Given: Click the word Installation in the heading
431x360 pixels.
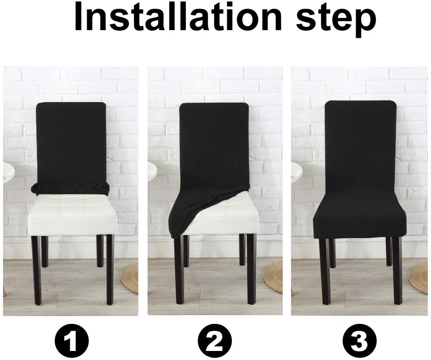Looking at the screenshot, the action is pos(178,17).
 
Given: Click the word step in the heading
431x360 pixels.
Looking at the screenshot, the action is pos(336,19).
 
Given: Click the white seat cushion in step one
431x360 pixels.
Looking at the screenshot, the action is pos(73,214).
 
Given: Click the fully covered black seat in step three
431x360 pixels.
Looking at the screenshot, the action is pos(359,220).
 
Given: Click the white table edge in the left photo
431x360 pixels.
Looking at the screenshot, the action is pos(8,170).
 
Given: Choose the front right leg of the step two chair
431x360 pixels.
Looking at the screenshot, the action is pos(251,270).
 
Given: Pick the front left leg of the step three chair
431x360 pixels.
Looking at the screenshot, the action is pos(325,271).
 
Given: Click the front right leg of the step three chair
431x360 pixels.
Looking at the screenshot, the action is pos(397,271).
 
